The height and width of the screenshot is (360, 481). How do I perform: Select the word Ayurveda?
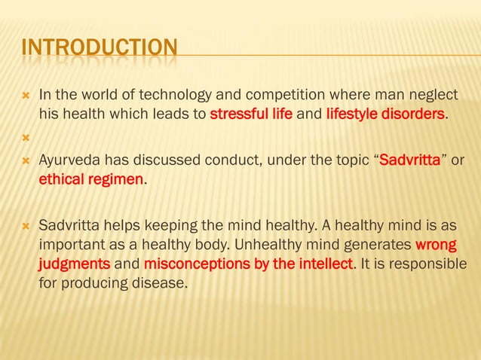coord(70,161)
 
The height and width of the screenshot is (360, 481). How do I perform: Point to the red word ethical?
coord(61,181)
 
